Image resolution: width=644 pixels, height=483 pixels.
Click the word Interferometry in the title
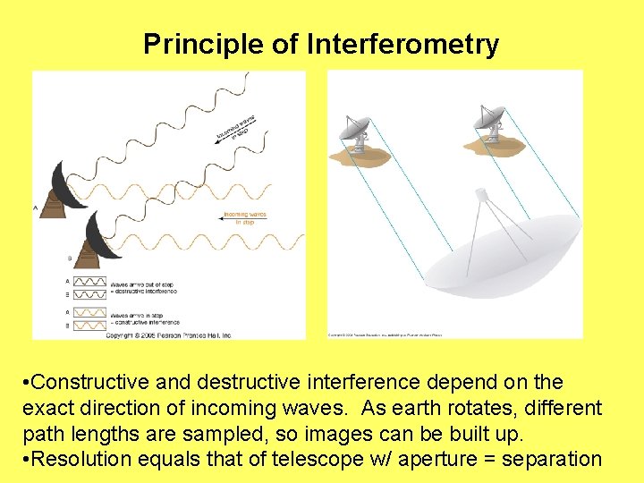pyautogui.click(x=402, y=44)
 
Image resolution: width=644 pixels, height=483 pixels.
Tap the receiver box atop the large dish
pyautogui.click(x=481, y=194)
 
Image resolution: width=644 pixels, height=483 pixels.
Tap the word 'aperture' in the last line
pyautogui.click(x=426, y=460)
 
